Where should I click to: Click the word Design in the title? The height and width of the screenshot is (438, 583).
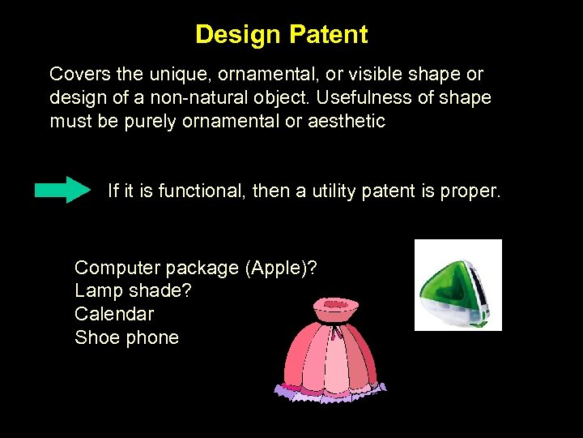[x=236, y=35]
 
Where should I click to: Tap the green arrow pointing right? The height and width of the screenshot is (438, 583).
[x=63, y=189]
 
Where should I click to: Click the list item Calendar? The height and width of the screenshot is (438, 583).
[x=114, y=314]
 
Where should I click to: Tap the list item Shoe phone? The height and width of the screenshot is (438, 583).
[x=126, y=337]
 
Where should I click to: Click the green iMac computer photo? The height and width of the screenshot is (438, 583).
[x=458, y=286]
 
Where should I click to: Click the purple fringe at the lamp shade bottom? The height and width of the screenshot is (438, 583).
[x=330, y=392]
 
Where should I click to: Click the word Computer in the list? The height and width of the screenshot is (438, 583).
[x=111, y=268]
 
